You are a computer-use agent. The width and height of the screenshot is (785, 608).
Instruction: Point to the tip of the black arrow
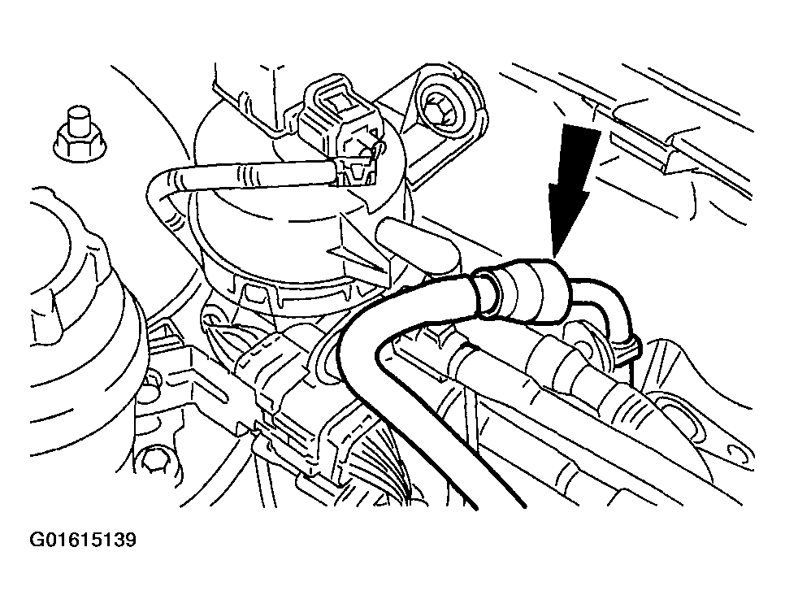pyautogui.click(x=553, y=256)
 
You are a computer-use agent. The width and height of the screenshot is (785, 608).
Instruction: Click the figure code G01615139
pyautogui.click(x=83, y=540)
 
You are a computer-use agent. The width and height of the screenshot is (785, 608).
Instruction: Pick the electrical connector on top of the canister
pyautogui.click(x=340, y=128)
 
